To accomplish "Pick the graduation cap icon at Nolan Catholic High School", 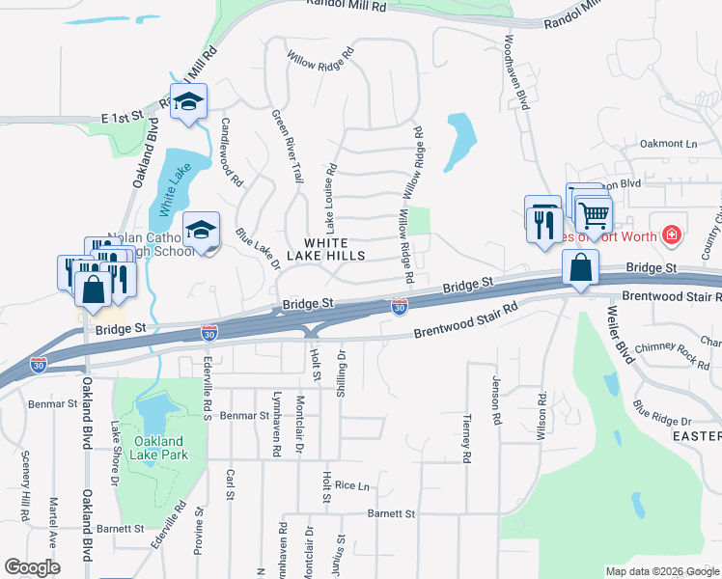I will (201, 230).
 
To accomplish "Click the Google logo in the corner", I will (32, 567).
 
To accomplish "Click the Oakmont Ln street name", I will (668, 144).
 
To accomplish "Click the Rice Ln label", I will (352, 486).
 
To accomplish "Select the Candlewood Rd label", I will (232, 152).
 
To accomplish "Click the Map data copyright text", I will (662, 571).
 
